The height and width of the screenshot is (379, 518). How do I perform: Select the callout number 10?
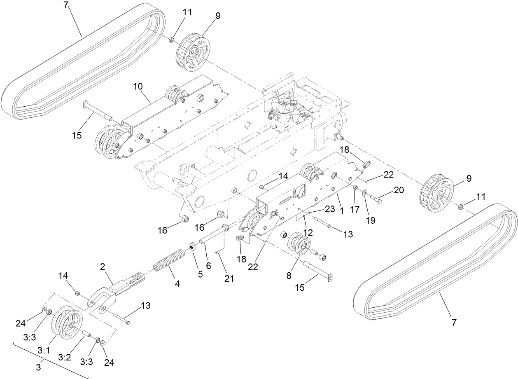click(138, 87)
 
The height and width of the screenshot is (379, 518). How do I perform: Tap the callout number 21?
click(229, 278)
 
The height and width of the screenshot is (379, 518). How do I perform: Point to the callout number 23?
click(330, 209)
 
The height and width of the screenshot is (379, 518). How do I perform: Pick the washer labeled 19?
click(365, 192)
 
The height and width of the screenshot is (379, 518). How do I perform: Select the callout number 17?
click(355, 209)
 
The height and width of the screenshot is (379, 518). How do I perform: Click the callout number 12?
click(308, 232)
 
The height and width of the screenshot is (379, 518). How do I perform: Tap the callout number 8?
click(289, 276)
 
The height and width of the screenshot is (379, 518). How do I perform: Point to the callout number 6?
click(208, 266)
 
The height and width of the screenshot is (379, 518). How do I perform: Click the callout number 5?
click(200, 274)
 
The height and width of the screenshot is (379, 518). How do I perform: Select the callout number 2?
click(103, 267)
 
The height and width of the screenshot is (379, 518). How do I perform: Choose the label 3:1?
click(44, 351)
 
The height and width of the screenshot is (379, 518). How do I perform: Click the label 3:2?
click(65, 358)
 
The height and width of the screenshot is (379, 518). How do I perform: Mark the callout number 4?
click(177, 284)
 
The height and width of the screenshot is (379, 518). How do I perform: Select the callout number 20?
click(399, 190)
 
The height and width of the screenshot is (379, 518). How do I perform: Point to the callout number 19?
click(371, 220)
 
